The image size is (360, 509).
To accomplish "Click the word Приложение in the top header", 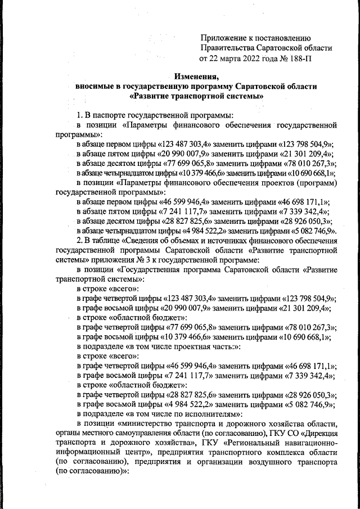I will tap(223, 38).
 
